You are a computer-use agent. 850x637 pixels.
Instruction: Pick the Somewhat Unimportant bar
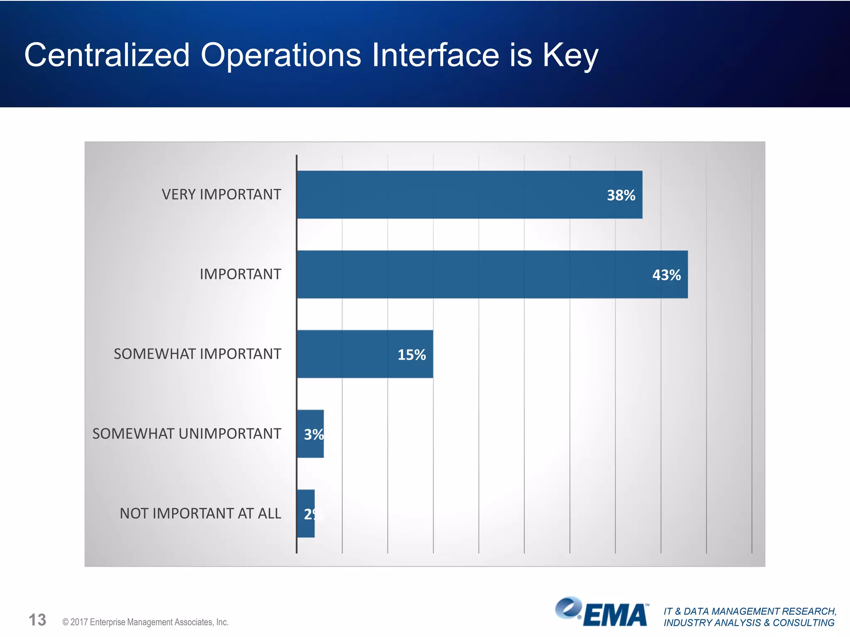(x=310, y=434)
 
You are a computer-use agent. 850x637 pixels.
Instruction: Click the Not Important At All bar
(x=306, y=513)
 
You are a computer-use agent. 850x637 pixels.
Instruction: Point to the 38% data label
(x=621, y=195)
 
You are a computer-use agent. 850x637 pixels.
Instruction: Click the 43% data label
(x=666, y=275)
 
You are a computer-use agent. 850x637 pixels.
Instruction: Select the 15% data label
(x=411, y=355)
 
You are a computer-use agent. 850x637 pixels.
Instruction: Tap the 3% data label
(x=313, y=435)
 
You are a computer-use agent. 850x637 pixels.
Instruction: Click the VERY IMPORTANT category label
(x=221, y=195)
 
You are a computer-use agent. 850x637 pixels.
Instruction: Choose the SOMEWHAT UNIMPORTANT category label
(x=186, y=434)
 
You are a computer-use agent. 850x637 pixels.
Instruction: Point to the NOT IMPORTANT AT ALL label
(x=200, y=513)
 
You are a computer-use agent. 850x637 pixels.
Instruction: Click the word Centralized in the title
(x=107, y=55)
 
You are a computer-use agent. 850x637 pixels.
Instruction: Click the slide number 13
(x=37, y=620)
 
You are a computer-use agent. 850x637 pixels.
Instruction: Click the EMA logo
(x=602, y=612)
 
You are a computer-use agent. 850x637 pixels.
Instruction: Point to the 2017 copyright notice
(x=145, y=622)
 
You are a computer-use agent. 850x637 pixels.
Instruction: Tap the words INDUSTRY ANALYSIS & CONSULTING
(x=749, y=623)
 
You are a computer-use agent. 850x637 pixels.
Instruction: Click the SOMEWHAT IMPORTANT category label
(x=197, y=354)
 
